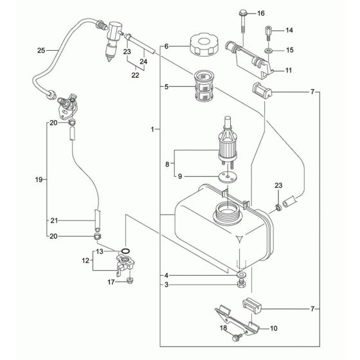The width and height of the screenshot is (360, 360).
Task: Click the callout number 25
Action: pos(40,50)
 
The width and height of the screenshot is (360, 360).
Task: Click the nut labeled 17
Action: pos(130,281)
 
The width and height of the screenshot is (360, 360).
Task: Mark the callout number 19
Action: pos(40,181)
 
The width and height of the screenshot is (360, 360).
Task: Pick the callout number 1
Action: pos(151,130)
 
